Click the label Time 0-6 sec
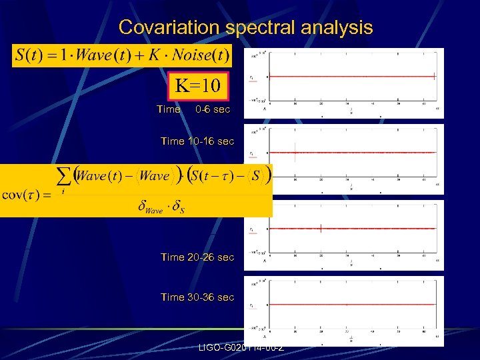tap(193, 109)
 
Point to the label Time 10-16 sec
tap(197, 141)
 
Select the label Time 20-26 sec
tap(197, 257)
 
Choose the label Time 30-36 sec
tap(197, 297)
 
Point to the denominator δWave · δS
tap(161, 207)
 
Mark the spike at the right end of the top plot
tap(434, 76)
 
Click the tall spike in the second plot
tap(295, 151)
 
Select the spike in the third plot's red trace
tap(321, 228)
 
